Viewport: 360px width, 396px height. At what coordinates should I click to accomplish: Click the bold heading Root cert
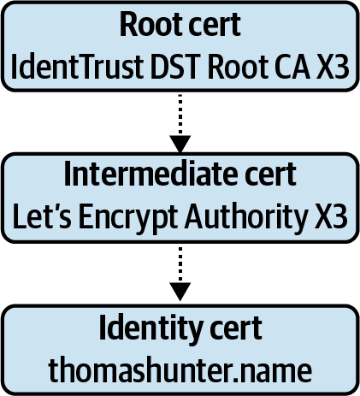[180, 24]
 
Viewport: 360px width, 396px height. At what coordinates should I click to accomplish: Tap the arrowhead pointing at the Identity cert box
[180, 292]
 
